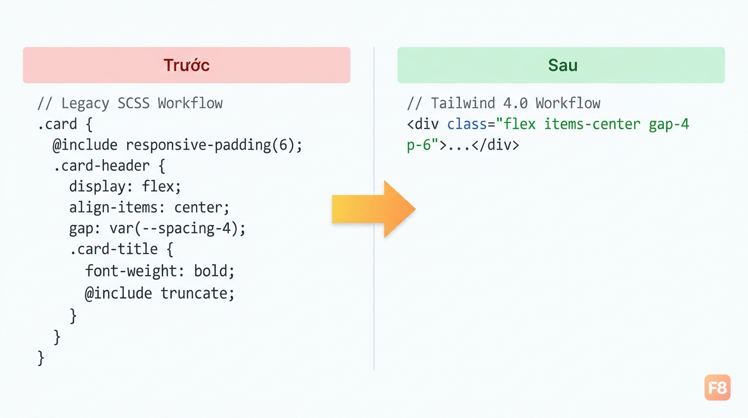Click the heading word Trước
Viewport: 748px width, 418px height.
tap(186, 65)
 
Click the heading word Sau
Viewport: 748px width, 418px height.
tap(563, 65)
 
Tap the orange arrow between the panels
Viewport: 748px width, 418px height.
tap(373, 209)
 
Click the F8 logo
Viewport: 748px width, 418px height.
tap(717, 388)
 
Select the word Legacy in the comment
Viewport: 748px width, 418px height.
tap(85, 103)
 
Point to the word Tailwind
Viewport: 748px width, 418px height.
tap(463, 103)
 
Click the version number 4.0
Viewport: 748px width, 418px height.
tap(515, 103)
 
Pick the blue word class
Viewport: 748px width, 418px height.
tap(467, 125)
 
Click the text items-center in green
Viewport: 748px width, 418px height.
tap(592, 125)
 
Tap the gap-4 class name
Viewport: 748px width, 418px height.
tap(669, 125)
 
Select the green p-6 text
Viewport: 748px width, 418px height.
tap(419, 146)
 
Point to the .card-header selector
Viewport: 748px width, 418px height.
tap(102, 166)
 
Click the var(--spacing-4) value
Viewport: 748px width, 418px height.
tap(174, 229)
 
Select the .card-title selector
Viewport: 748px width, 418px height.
tap(114, 249)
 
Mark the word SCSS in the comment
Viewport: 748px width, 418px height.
tap(133, 103)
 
